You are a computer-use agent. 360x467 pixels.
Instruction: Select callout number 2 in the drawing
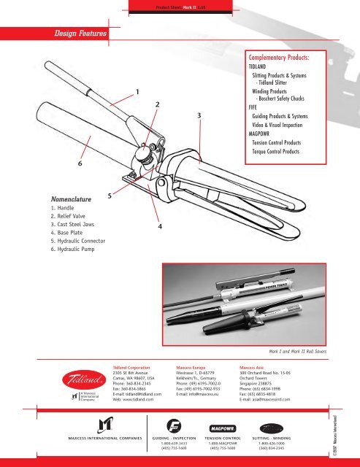[x=158, y=105]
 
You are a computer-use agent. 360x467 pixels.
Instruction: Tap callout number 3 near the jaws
[x=199, y=115]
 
